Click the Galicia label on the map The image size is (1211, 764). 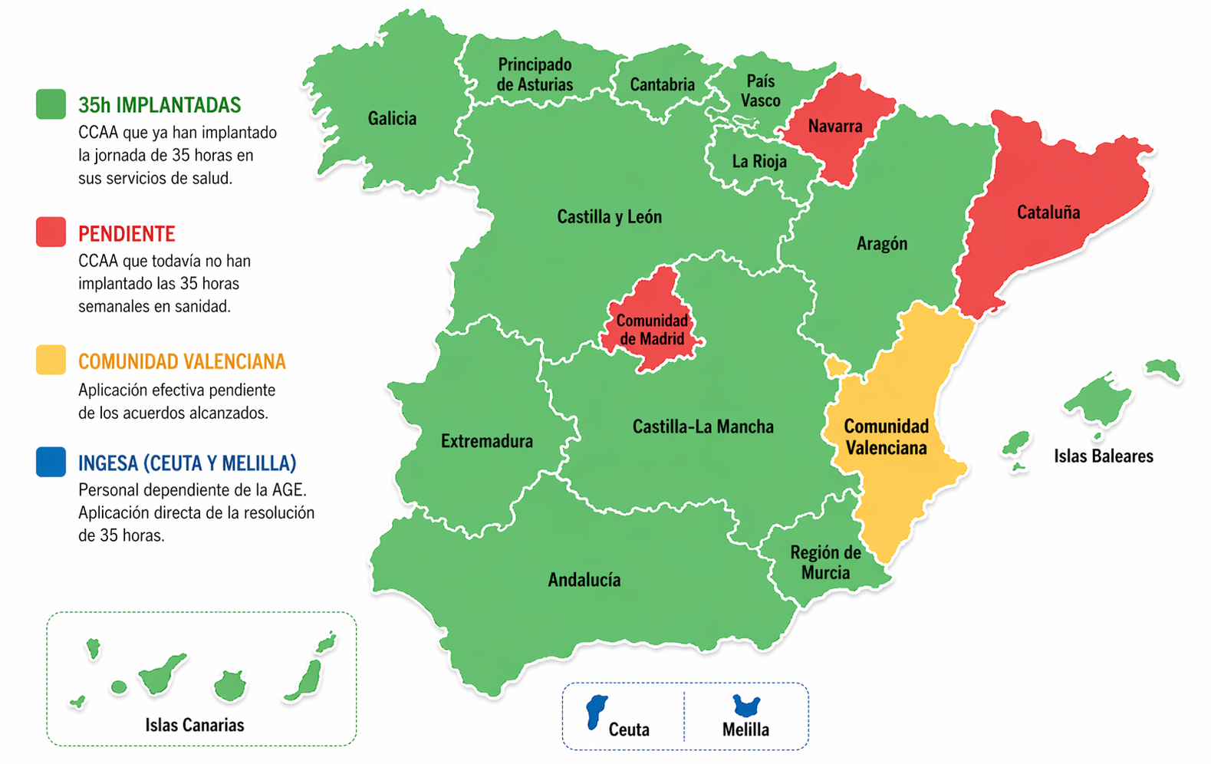pos(392,119)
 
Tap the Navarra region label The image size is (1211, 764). pos(834,127)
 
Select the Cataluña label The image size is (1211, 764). pos(1048,212)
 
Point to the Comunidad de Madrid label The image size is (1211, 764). pos(652,330)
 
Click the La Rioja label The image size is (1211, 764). pos(759,162)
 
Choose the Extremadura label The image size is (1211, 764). pos(486,441)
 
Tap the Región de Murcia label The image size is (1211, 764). pos(825,562)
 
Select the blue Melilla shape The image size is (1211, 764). pos(745,705)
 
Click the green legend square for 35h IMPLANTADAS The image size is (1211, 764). pos(51,104)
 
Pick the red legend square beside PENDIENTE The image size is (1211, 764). pos(51,232)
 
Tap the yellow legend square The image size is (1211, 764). pos(51,360)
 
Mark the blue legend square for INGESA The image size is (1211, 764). pos(51,463)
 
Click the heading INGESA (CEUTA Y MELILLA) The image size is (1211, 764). pos(186,463)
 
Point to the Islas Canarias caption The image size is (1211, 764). pos(195,725)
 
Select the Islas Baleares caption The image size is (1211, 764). pos(1103,456)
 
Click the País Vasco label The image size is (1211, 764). pos(760,91)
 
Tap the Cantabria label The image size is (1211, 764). pos(662,84)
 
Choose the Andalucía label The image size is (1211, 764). pos(584,580)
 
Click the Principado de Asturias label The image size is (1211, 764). pos(535,74)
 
